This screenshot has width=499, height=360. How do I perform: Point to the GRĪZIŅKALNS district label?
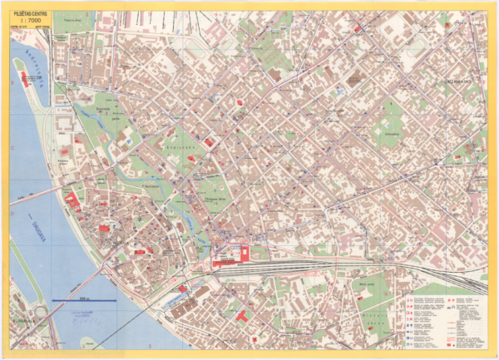pos(457,81)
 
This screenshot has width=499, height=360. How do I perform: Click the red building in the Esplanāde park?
pos(209,144)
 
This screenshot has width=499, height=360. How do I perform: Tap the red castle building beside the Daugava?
pos(72,200)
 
